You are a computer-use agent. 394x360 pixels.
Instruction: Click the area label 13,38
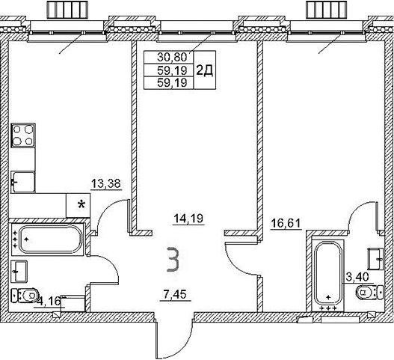tap(105, 182)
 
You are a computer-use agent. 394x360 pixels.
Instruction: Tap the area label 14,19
tap(188, 219)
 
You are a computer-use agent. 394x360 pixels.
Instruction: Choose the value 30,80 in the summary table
tap(170, 56)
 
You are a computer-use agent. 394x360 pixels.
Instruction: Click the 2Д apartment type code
tap(203, 70)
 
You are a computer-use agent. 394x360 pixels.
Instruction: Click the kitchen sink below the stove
tap(23, 180)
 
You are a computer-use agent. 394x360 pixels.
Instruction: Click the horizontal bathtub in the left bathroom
tap(49, 240)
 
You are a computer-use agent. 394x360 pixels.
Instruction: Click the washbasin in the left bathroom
tap(21, 269)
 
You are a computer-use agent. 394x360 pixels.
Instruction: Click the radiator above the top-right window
tap(327, 8)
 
